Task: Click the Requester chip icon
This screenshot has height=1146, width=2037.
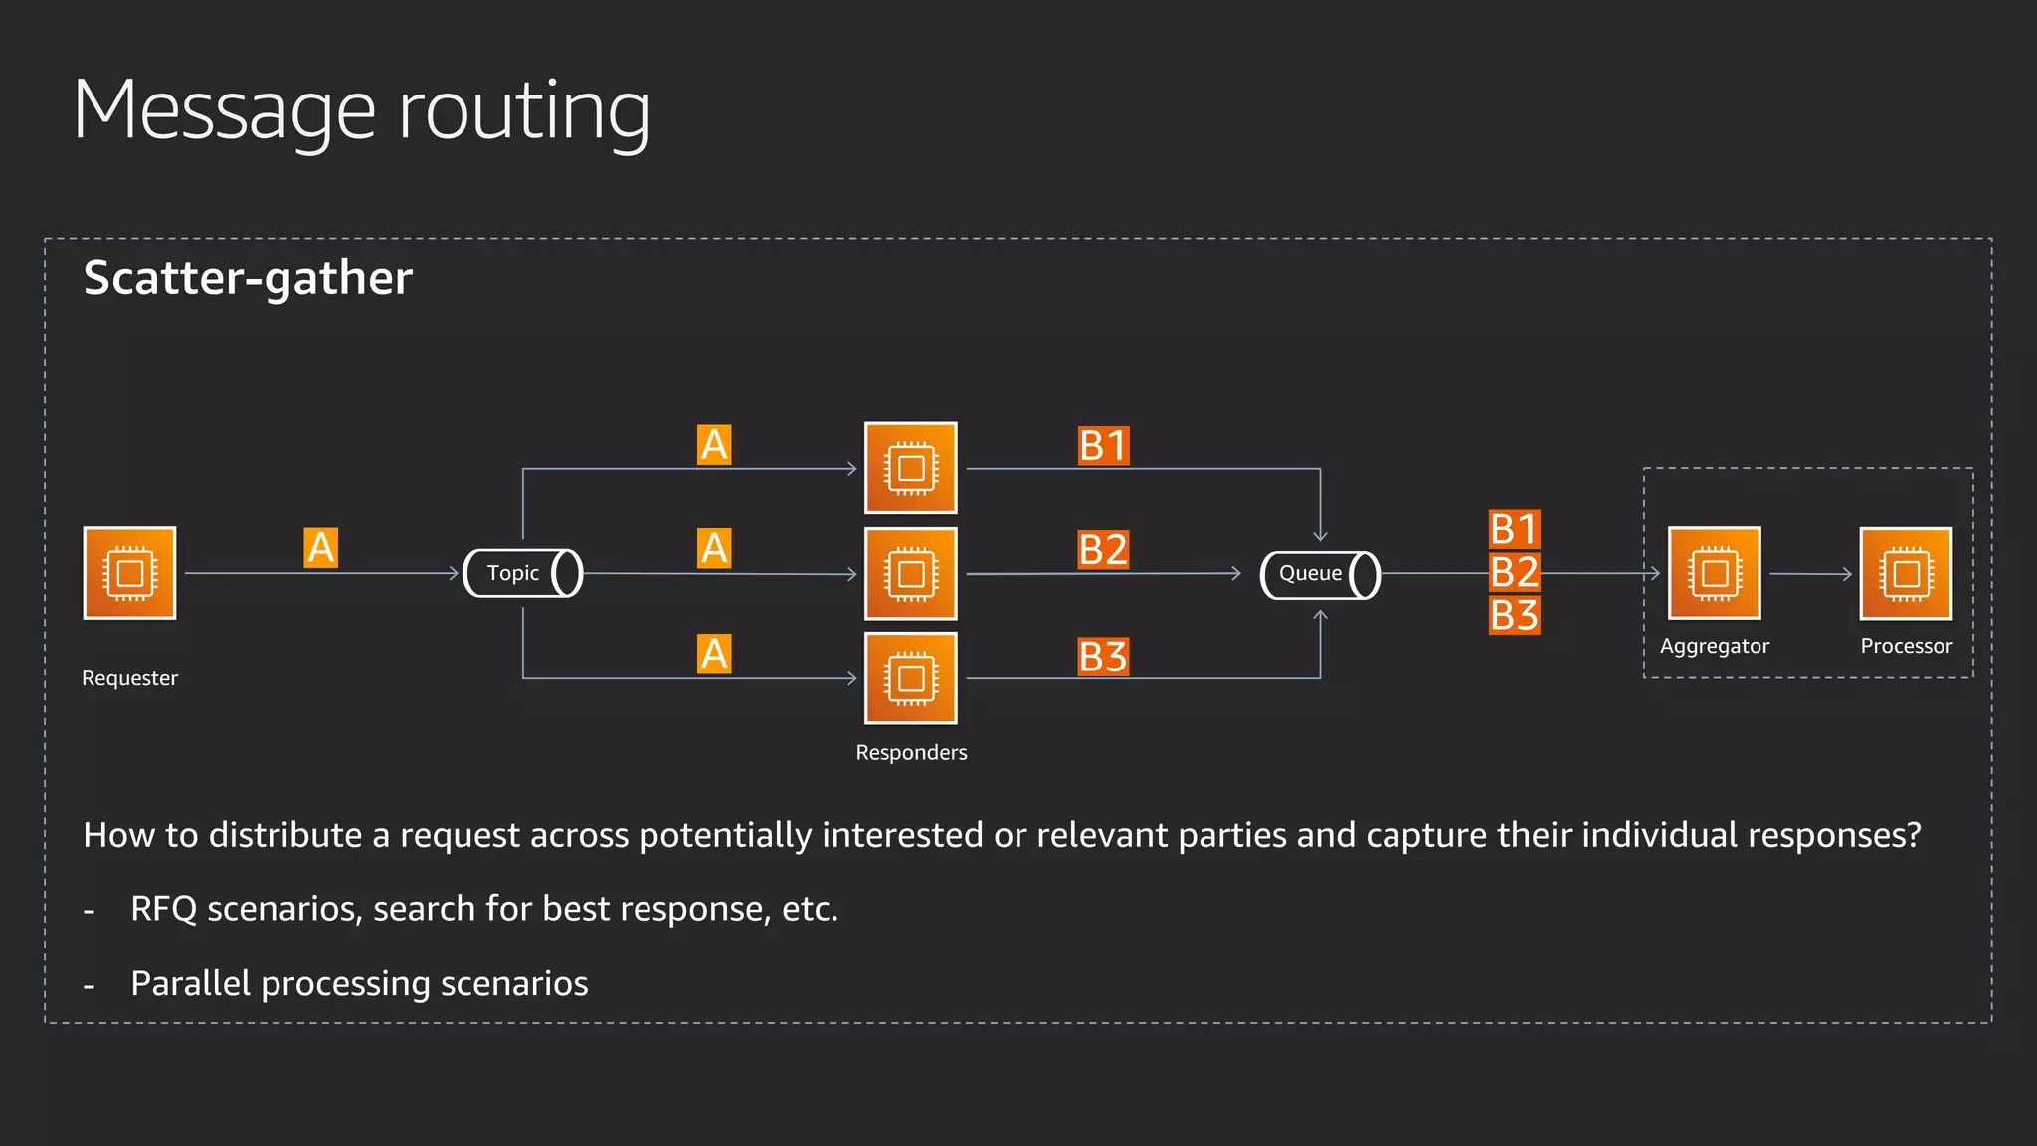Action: pos(129,573)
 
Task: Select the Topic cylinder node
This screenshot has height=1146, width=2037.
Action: pos(523,573)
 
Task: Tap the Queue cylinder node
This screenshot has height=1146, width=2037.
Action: pos(1320,574)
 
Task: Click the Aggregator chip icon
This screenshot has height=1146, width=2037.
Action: pos(1714,573)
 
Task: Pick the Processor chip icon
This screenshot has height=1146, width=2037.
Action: pos(1906,573)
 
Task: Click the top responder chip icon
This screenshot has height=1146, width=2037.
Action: pos(910,468)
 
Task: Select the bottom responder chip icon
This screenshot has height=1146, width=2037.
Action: pos(910,678)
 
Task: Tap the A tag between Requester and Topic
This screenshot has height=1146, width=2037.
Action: pos(320,548)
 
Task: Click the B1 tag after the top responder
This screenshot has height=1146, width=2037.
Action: pos(1103,446)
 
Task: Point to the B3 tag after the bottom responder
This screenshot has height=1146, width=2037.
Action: pos(1103,657)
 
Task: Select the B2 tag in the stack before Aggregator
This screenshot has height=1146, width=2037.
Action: pos(1514,572)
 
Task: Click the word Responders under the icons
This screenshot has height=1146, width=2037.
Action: pos(911,752)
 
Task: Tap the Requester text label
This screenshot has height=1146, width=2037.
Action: pos(129,678)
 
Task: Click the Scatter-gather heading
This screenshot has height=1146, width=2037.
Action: pos(248,278)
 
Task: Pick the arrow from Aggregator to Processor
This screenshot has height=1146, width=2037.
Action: pos(1810,574)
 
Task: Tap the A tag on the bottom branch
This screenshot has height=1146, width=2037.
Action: pos(714,655)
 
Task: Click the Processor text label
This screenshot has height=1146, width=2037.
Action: pos(1906,646)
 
